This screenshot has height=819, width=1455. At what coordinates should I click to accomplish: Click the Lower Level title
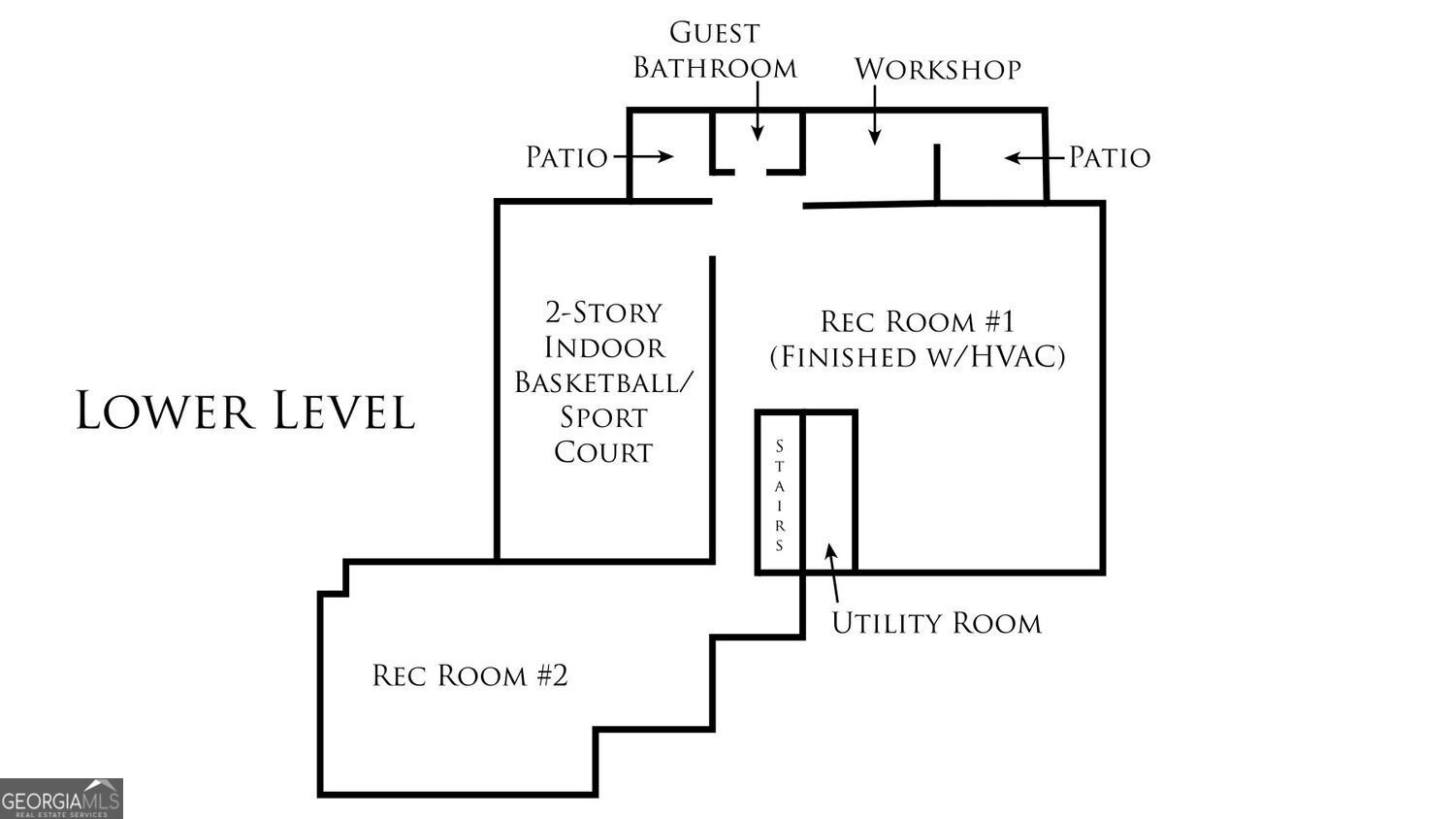click(x=244, y=410)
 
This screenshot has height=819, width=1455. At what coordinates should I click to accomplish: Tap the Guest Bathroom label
click(x=715, y=50)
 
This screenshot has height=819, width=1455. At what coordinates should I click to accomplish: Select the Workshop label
click(x=937, y=69)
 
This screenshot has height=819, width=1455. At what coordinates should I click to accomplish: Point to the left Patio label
click(x=566, y=157)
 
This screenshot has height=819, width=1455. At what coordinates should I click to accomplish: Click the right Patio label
click(x=1110, y=157)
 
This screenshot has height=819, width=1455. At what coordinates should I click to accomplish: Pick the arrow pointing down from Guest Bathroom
click(x=758, y=111)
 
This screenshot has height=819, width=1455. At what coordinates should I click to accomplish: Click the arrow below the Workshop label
click(x=875, y=115)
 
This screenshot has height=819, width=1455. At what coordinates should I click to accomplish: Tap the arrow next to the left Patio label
click(x=644, y=156)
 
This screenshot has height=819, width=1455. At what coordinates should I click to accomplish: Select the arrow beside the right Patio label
click(x=1034, y=158)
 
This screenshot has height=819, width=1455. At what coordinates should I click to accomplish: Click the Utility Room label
click(x=937, y=623)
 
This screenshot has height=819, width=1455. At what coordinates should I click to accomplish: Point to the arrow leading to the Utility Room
click(x=832, y=573)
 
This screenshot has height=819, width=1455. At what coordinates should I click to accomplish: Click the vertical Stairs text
click(x=780, y=495)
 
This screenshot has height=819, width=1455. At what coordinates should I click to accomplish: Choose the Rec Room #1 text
click(x=918, y=322)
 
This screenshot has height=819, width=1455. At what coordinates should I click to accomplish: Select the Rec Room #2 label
click(x=470, y=675)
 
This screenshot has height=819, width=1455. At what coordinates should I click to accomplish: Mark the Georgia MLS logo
click(x=61, y=799)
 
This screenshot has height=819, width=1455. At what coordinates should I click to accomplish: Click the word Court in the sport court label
click(x=603, y=452)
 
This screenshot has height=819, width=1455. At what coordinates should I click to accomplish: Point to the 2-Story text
click(x=603, y=312)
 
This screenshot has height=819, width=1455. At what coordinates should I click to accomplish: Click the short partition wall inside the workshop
click(x=937, y=173)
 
